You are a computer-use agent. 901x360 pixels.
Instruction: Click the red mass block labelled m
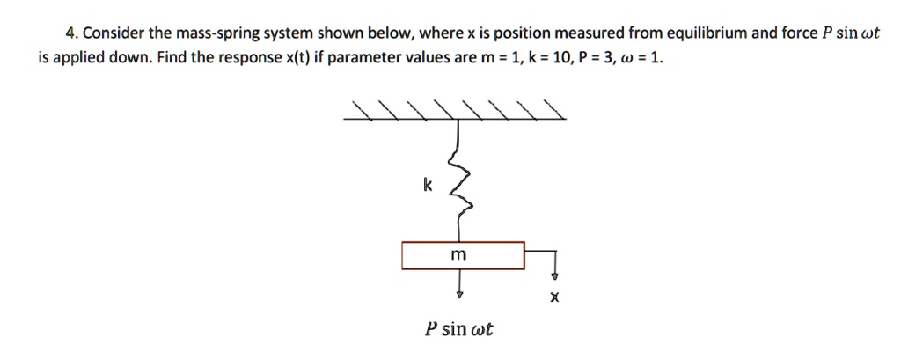point(463,255)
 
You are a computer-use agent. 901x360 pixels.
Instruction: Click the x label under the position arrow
point(553,298)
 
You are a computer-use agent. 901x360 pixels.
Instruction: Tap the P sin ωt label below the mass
point(458,330)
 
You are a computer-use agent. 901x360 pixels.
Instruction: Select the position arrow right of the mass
point(553,264)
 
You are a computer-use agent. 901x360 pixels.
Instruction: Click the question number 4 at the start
point(70,34)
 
